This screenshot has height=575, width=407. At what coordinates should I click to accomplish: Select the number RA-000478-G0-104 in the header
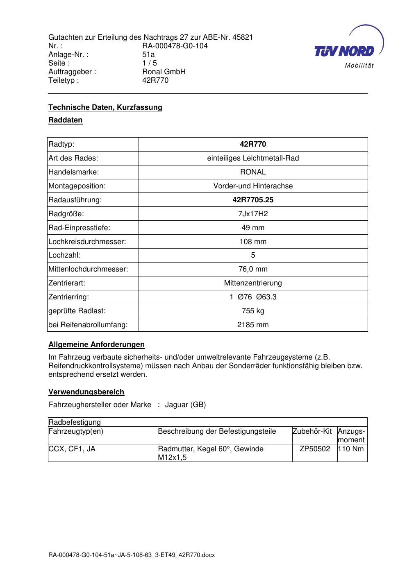[175, 46]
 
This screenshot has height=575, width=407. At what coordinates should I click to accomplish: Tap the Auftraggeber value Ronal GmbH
[164, 72]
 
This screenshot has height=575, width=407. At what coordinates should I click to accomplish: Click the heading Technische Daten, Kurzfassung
[105, 107]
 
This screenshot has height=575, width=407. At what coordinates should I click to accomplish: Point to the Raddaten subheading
[66, 120]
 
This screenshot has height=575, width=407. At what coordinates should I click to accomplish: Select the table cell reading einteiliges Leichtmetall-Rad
[253, 158]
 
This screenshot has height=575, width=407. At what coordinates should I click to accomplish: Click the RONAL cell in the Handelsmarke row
[253, 172]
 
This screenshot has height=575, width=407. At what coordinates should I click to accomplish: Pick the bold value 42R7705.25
[253, 200]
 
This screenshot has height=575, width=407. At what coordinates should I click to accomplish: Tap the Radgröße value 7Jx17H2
[253, 214]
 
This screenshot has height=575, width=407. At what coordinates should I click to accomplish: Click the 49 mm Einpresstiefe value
[253, 228]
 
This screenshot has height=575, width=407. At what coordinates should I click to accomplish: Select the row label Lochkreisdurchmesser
[87, 242]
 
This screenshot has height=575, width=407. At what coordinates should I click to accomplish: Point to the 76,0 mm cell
[253, 269]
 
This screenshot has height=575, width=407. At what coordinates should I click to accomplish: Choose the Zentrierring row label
[69, 297]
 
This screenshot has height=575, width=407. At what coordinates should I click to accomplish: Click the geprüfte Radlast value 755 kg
[253, 311]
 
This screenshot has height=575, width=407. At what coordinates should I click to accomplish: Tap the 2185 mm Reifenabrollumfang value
[253, 325]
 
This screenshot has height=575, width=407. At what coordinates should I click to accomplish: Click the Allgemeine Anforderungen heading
[97, 344]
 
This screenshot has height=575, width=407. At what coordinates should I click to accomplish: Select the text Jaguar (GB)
[185, 405]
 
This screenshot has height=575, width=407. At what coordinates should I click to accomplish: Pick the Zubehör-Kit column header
[312, 431]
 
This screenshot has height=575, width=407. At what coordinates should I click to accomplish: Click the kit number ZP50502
[315, 449]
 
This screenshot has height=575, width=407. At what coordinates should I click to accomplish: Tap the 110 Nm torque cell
[351, 449]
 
